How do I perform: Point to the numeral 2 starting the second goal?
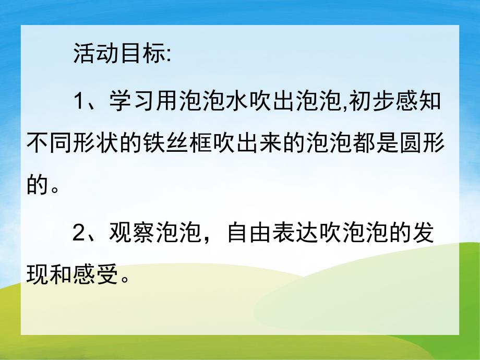(79, 234)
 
